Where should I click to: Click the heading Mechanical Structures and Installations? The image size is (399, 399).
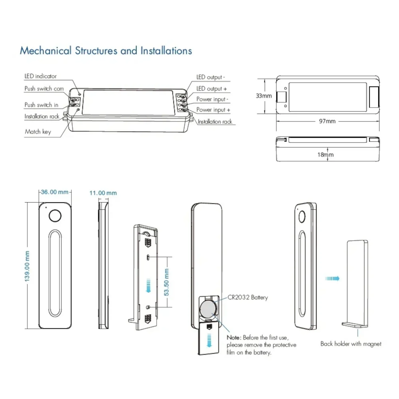pyautogui.click(x=106, y=51)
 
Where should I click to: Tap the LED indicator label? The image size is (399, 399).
pyautogui.click(x=40, y=76)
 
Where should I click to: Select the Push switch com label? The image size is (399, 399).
pyautogui.click(x=44, y=89)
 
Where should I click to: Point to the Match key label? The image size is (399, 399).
pyautogui.click(x=38, y=132)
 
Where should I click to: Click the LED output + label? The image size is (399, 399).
pyautogui.click(x=212, y=89)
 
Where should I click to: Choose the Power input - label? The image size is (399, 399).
pyautogui.click(x=212, y=99)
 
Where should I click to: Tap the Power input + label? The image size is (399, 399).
pyautogui.click(x=213, y=110)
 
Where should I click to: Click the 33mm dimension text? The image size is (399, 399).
pyautogui.click(x=264, y=96)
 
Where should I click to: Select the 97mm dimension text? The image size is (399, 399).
pyautogui.click(x=327, y=121)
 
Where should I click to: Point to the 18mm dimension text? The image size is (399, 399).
pyautogui.click(x=325, y=155)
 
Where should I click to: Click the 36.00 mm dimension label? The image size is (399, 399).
pyautogui.click(x=55, y=192)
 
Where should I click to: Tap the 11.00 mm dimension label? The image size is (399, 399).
pyautogui.click(x=103, y=193)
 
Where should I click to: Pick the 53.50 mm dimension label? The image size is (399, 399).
pyautogui.click(x=166, y=282)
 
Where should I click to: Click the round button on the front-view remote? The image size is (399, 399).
pyautogui.click(x=55, y=216)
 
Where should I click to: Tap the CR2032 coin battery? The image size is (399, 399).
pyautogui.click(x=208, y=308)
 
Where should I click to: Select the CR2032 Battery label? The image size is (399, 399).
pyautogui.click(x=247, y=297)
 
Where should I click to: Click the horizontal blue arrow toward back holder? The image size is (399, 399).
pyautogui.click(x=332, y=278)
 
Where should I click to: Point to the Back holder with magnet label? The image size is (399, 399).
pyautogui.click(x=351, y=344)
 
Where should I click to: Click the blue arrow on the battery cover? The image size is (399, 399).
pyautogui.click(x=209, y=340)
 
